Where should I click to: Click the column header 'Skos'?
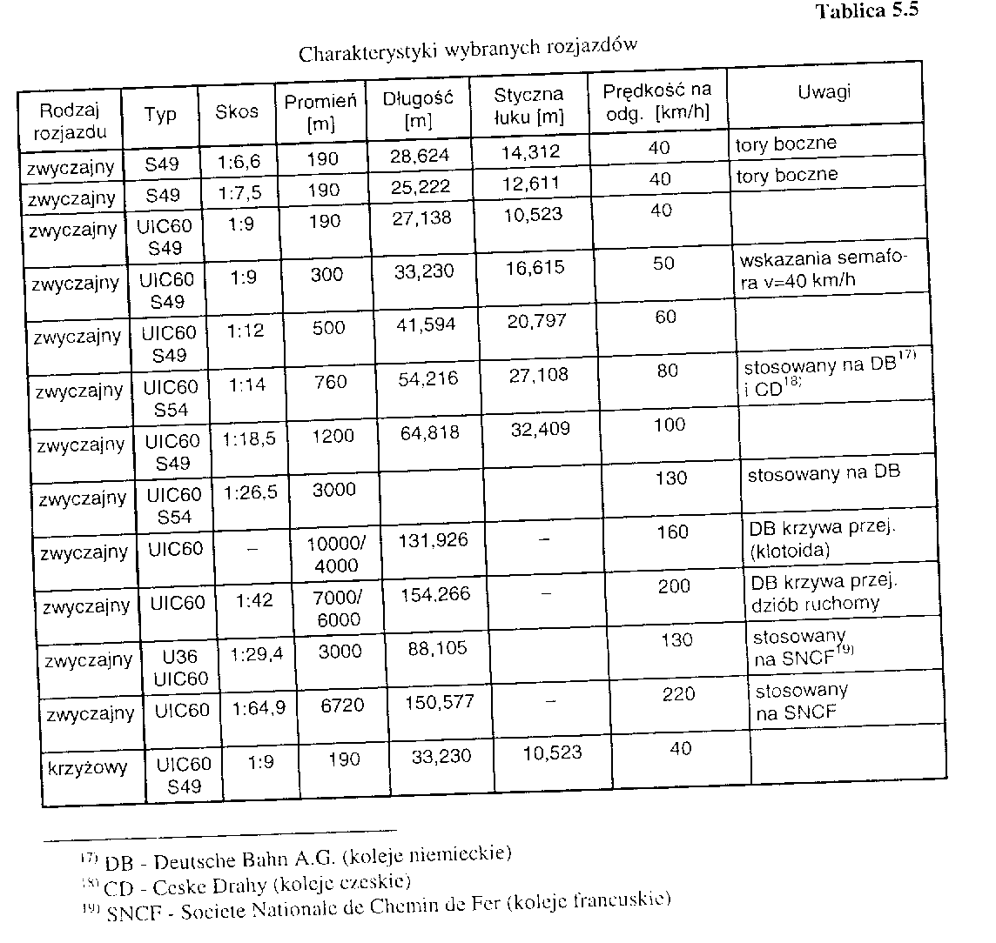tap(236, 111)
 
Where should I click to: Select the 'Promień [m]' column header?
tap(320, 111)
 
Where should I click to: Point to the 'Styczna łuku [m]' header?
tap(528, 105)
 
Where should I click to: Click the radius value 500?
tap(327, 328)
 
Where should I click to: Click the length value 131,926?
tap(434, 540)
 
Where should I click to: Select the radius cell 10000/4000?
tap(338, 554)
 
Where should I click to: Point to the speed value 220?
tap(678, 693)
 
